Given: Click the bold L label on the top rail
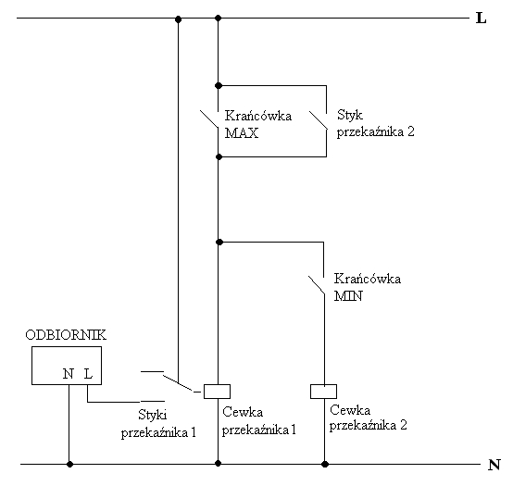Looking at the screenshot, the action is coord(481,18).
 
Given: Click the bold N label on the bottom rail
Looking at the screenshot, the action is coord(494,465).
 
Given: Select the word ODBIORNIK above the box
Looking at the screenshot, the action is coord(66,335).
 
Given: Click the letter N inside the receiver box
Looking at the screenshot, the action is coord(68,373).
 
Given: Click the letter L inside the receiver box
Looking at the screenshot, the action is coord(88,373).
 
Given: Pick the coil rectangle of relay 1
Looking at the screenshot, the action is coord(217,392).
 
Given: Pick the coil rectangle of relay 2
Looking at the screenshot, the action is coord(323,392).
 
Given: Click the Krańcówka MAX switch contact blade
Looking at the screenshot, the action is coord(209,119).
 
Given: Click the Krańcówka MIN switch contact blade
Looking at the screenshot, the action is coord(317,285).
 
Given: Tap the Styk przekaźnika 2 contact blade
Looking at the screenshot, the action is coord(318,120).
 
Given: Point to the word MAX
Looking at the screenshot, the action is coord(242,133).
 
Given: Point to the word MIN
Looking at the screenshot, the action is coord(348,296).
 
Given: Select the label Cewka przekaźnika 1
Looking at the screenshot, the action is coord(258,421).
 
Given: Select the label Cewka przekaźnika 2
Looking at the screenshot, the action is coord(368,417).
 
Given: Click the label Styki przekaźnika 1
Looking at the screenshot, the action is coord(158,424).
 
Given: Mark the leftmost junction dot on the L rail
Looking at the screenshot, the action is coord(179,19).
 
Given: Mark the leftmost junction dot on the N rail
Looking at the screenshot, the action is coord(69,464).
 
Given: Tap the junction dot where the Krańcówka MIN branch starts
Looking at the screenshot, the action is coord(219,242).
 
